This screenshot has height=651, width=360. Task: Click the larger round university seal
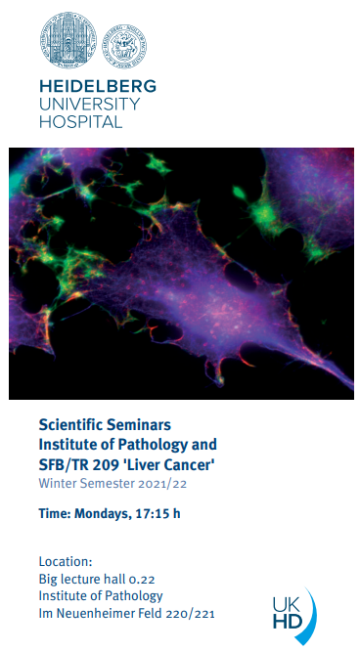(68, 40)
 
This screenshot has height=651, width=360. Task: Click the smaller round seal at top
(124, 46)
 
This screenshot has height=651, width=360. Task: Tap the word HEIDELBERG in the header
(98, 86)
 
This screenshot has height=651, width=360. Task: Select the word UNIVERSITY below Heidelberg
(89, 104)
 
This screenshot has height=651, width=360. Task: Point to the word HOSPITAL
(80, 121)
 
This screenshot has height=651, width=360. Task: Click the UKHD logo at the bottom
(293, 615)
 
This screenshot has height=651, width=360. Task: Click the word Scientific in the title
(69, 425)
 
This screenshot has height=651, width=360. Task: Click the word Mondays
(101, 514)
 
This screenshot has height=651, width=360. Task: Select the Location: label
(66, 562)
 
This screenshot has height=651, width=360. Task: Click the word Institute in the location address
(60, 596)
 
